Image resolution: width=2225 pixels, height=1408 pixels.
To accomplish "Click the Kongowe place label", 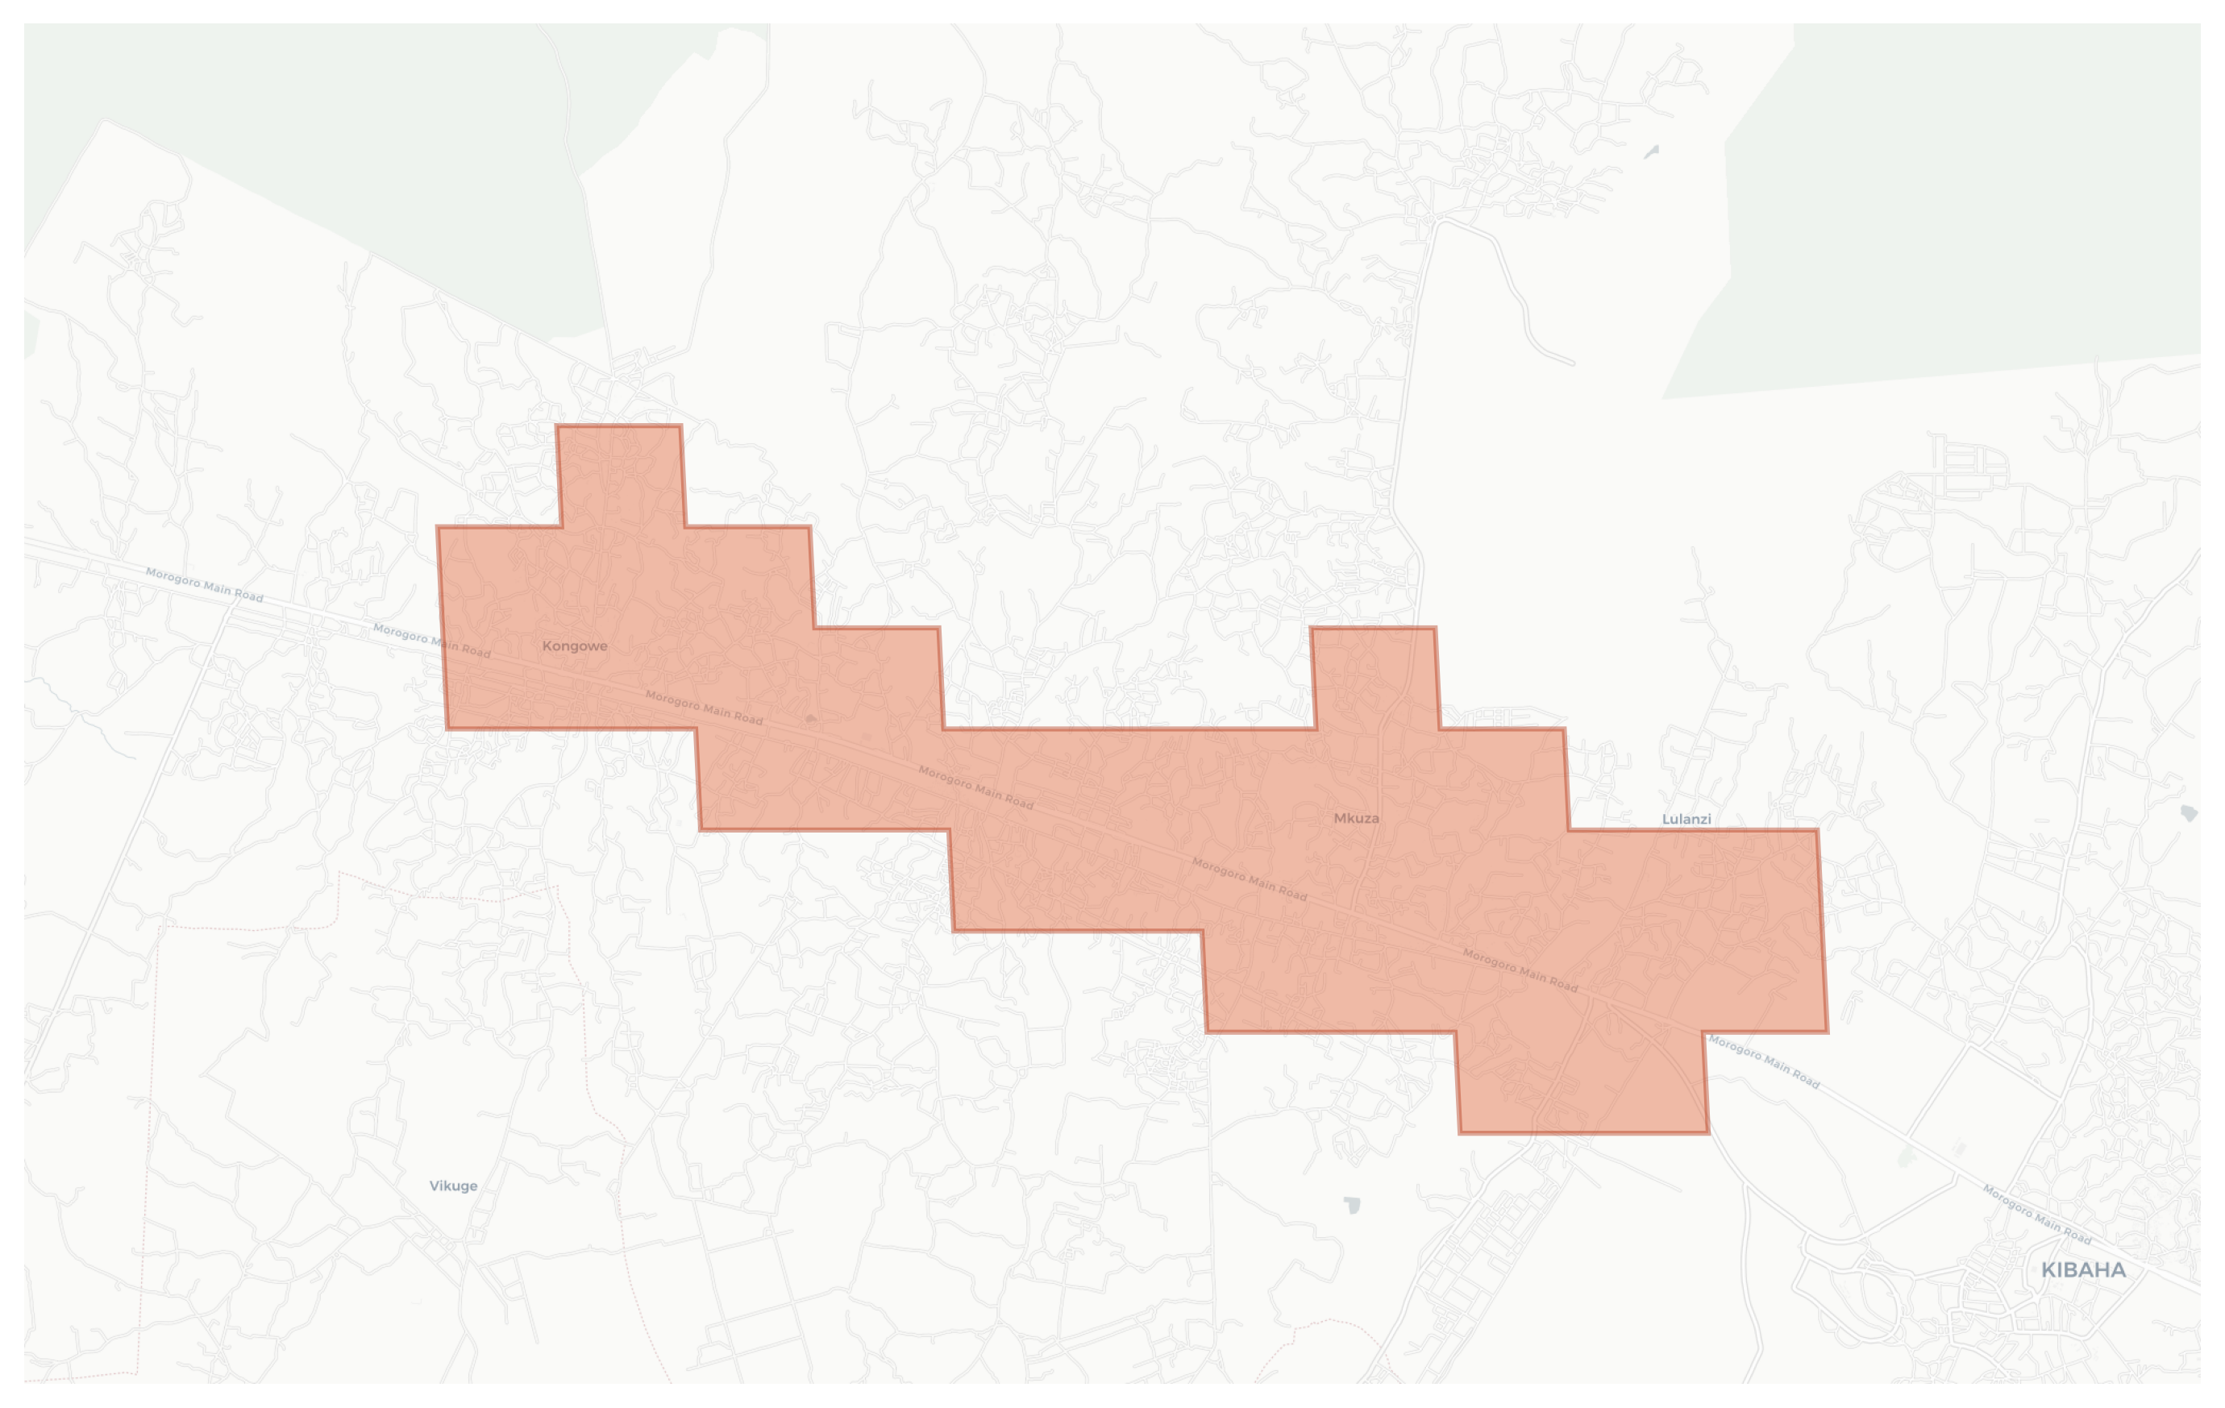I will point(574,646).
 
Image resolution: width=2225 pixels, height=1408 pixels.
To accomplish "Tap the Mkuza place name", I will point(1355,817).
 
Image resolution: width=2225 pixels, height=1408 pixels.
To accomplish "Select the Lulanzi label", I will point(1686,819).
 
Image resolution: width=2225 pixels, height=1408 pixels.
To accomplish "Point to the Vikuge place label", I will point(453,1186).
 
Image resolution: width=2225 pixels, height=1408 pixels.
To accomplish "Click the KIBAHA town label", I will point(2082,1270).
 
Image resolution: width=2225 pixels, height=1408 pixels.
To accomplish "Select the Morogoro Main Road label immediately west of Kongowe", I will point(431,640).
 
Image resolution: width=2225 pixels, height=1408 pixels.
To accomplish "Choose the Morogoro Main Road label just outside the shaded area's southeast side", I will point(1763,1061).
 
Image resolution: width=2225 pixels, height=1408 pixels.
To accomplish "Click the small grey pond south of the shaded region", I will point(1353,1205).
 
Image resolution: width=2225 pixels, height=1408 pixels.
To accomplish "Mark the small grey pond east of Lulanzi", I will point(2188,813).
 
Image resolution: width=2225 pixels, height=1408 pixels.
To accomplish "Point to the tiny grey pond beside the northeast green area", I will point(1651,152).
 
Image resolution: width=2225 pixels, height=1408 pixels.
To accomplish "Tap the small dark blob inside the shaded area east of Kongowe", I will point(810,718).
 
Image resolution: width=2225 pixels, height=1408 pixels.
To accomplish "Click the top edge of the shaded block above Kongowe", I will point(618,426).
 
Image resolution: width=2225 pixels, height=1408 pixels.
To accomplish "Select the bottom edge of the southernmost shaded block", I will point(1582,1132).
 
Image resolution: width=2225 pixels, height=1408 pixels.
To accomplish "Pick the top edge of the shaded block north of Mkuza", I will point(1372,629).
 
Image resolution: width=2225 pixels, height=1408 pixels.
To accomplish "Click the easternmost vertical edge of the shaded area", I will point(1822,930).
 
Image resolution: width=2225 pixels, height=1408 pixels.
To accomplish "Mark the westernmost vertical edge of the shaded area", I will point(442,629).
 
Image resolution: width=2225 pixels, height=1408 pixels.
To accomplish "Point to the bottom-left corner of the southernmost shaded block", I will point(1460,1132).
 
